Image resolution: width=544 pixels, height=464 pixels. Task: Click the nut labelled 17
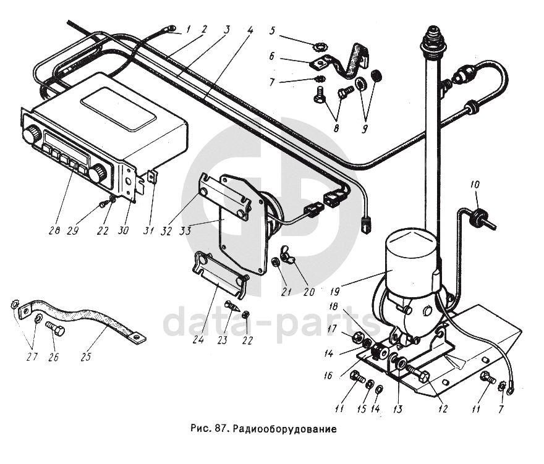tap(357, 337)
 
